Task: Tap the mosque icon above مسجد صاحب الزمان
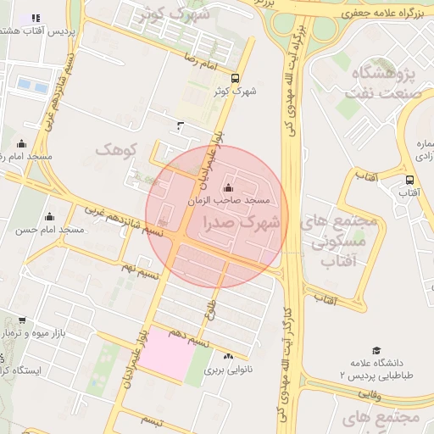click(x=227, y=187)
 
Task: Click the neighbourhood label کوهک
click(x=116, y=150)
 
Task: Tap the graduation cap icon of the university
click(x=376, y=350)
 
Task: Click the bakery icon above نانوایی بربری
click(x=229, y=357)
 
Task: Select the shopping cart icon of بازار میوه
click(x=20, y=320)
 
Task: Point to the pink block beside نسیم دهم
click(x=166, y=351)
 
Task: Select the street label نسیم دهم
click(x=187, y=338)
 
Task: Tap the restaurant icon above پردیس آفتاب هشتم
click(x=35, y=17)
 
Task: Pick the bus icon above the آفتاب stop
click(x=409, y=180)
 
